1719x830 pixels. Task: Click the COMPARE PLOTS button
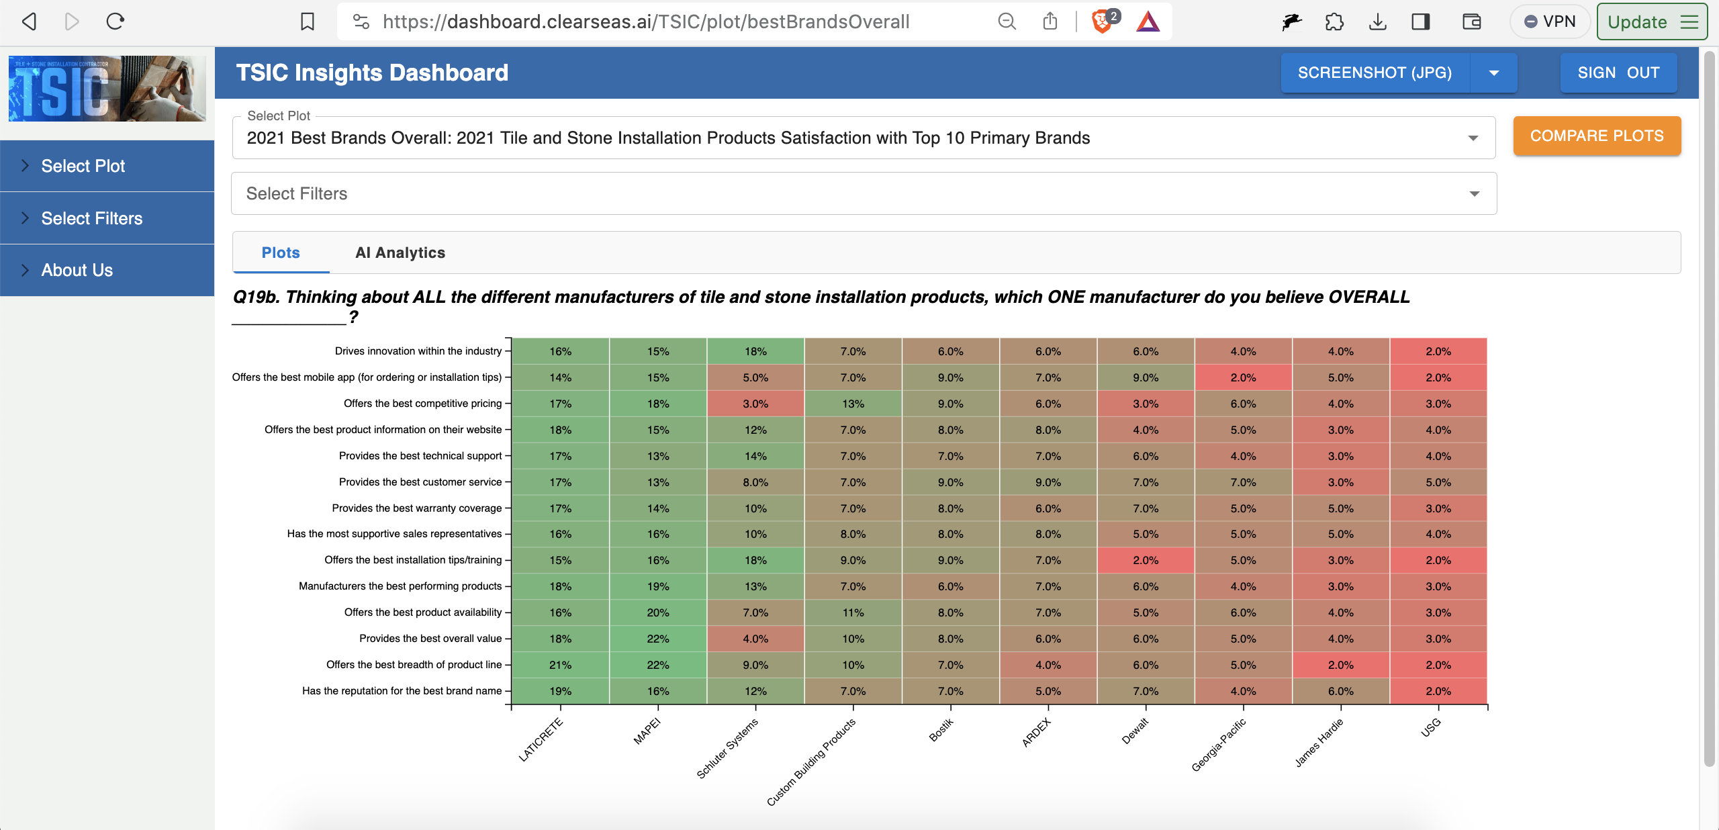(1596, 136)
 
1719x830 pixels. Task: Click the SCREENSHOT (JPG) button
(1374, 73)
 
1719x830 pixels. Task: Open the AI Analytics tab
(400, 252)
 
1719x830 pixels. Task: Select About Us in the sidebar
(77, 270)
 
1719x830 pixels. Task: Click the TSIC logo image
(107, 89)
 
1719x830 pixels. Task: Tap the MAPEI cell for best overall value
(657, 639)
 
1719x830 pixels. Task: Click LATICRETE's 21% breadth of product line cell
(560, 665)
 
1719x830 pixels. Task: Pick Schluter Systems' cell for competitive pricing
(755, 404)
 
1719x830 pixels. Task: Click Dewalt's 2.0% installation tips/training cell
(1145, 560)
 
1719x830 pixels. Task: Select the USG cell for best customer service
(1438, 482)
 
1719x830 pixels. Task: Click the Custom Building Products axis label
(811, 762)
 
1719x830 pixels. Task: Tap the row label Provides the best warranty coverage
(416, 508)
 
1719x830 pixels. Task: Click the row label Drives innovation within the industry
(418, 351)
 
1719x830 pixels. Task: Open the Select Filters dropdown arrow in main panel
(1474, 194)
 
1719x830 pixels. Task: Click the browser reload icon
(115, 21)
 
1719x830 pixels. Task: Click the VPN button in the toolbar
(1550, 21)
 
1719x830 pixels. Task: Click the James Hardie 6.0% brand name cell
(1340, 691)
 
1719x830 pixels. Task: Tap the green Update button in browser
(1651, 21)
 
